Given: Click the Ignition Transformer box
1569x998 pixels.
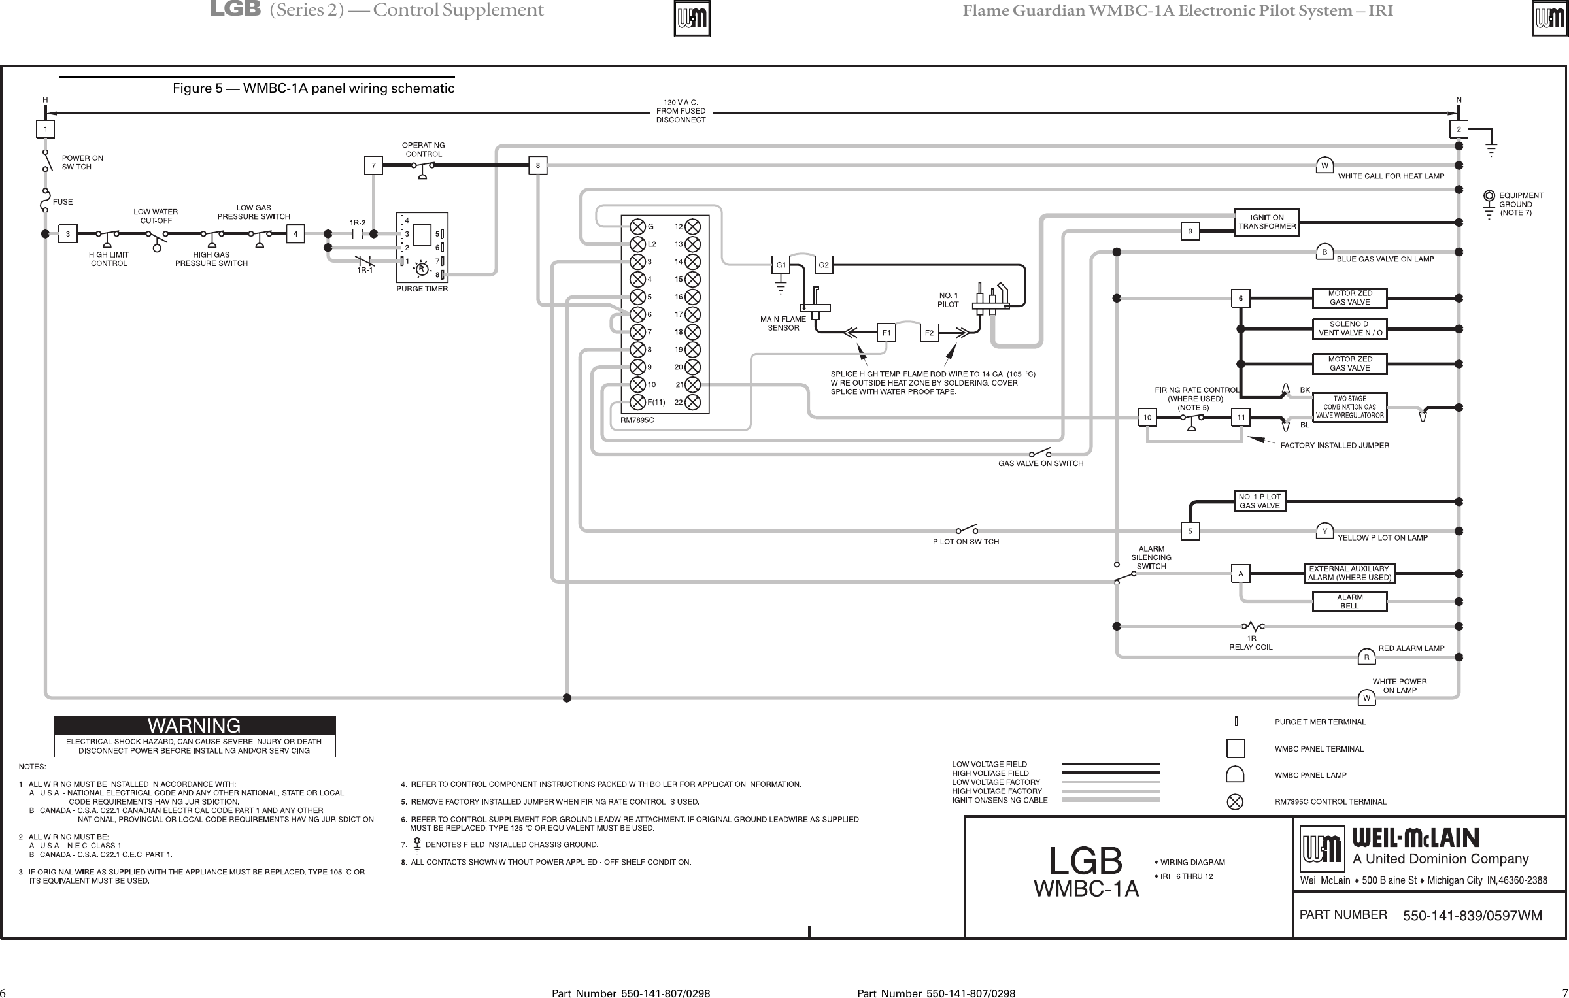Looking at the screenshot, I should pos(1266,222).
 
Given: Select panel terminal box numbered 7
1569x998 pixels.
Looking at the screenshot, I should pos(373,166).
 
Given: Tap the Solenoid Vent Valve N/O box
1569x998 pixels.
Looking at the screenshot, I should pos(1350,328).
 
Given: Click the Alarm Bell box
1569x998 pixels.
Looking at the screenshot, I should pos(1349,601).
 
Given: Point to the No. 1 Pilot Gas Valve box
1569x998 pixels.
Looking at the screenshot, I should pos(1260,501).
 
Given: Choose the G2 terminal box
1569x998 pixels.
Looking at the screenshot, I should pos(824,265).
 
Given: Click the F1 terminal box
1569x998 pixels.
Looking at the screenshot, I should pos(886,333).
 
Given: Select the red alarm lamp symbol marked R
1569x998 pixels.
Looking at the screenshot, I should pos(1366,657).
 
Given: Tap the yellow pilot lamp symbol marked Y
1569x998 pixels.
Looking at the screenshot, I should pos(1324,532).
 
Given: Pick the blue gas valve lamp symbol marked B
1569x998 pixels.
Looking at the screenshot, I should pos(1324,252).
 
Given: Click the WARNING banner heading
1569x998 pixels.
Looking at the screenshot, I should pos(195,726).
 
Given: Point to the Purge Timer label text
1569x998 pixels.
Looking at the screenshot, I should pos(422,288).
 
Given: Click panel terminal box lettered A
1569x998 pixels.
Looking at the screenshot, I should pos(1240,574).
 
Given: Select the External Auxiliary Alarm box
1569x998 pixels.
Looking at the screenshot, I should pos(1349,573).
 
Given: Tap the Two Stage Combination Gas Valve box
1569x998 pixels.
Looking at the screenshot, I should pos(1349,407).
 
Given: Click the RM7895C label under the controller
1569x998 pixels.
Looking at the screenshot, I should pos(637,420).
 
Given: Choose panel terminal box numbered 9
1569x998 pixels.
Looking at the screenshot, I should pos(1190,231).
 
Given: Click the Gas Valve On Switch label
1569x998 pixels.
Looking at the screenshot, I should pos(1040,464).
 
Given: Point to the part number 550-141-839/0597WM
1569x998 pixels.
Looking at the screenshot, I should pos(1472,916).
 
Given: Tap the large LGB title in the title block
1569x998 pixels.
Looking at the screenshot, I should pos(1085,861).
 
